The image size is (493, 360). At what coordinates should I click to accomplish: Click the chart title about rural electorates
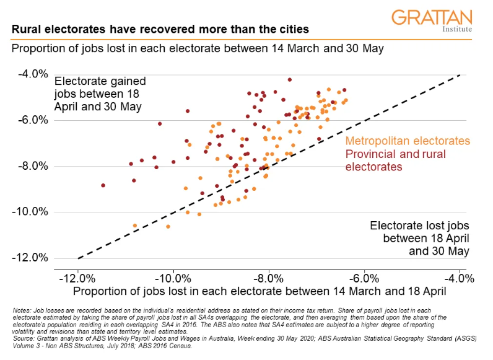pyautogui.click(x=160, y=29)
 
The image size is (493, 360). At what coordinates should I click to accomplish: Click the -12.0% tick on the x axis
pyautogui.click(x=78, y=276)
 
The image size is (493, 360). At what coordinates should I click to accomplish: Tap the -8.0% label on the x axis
pyautogui.click(x=269, y=276)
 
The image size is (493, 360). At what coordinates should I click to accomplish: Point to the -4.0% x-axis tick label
pyautogui.click(x=459, y=276)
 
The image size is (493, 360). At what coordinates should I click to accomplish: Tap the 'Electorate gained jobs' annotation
pyautogui.click(x=100, y=94)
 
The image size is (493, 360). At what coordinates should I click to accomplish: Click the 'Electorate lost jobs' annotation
pyautogui.click(x=419, y=239)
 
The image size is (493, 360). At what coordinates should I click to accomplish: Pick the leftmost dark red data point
pyautogui.click(x=103, y=185)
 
